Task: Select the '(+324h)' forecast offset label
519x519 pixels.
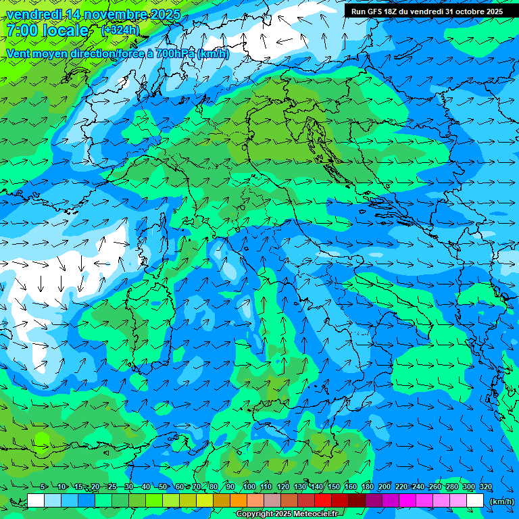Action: click(120, 30)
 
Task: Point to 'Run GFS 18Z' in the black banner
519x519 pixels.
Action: click(374, 11)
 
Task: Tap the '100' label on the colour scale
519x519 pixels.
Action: click(249, 487)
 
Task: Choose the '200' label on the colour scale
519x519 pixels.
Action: click(385, 487)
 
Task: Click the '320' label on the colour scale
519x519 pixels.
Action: click(486, 487)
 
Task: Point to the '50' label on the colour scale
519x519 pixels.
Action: click(163, 487)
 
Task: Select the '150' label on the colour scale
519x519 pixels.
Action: click(334, 487)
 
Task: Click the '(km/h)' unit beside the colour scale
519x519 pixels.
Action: click(501, 501)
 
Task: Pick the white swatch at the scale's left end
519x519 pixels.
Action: click(36, 501)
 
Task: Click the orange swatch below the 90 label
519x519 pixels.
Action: click(239, 501)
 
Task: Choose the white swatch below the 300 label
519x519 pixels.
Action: click(475, 501)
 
